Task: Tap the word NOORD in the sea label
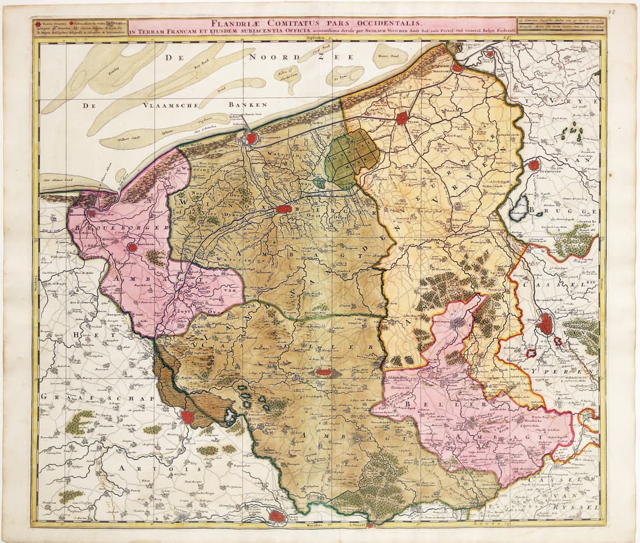[269, 56]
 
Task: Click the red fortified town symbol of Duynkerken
[251, 139]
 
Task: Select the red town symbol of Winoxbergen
[284, 208]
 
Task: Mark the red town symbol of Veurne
[402, 118]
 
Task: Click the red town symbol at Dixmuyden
[534, 165]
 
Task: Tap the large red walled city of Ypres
[545, 324]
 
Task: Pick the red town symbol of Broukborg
[133, 247]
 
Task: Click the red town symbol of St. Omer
[187, 417]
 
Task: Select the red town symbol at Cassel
[324, 371]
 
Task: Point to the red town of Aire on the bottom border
[278, 516]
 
